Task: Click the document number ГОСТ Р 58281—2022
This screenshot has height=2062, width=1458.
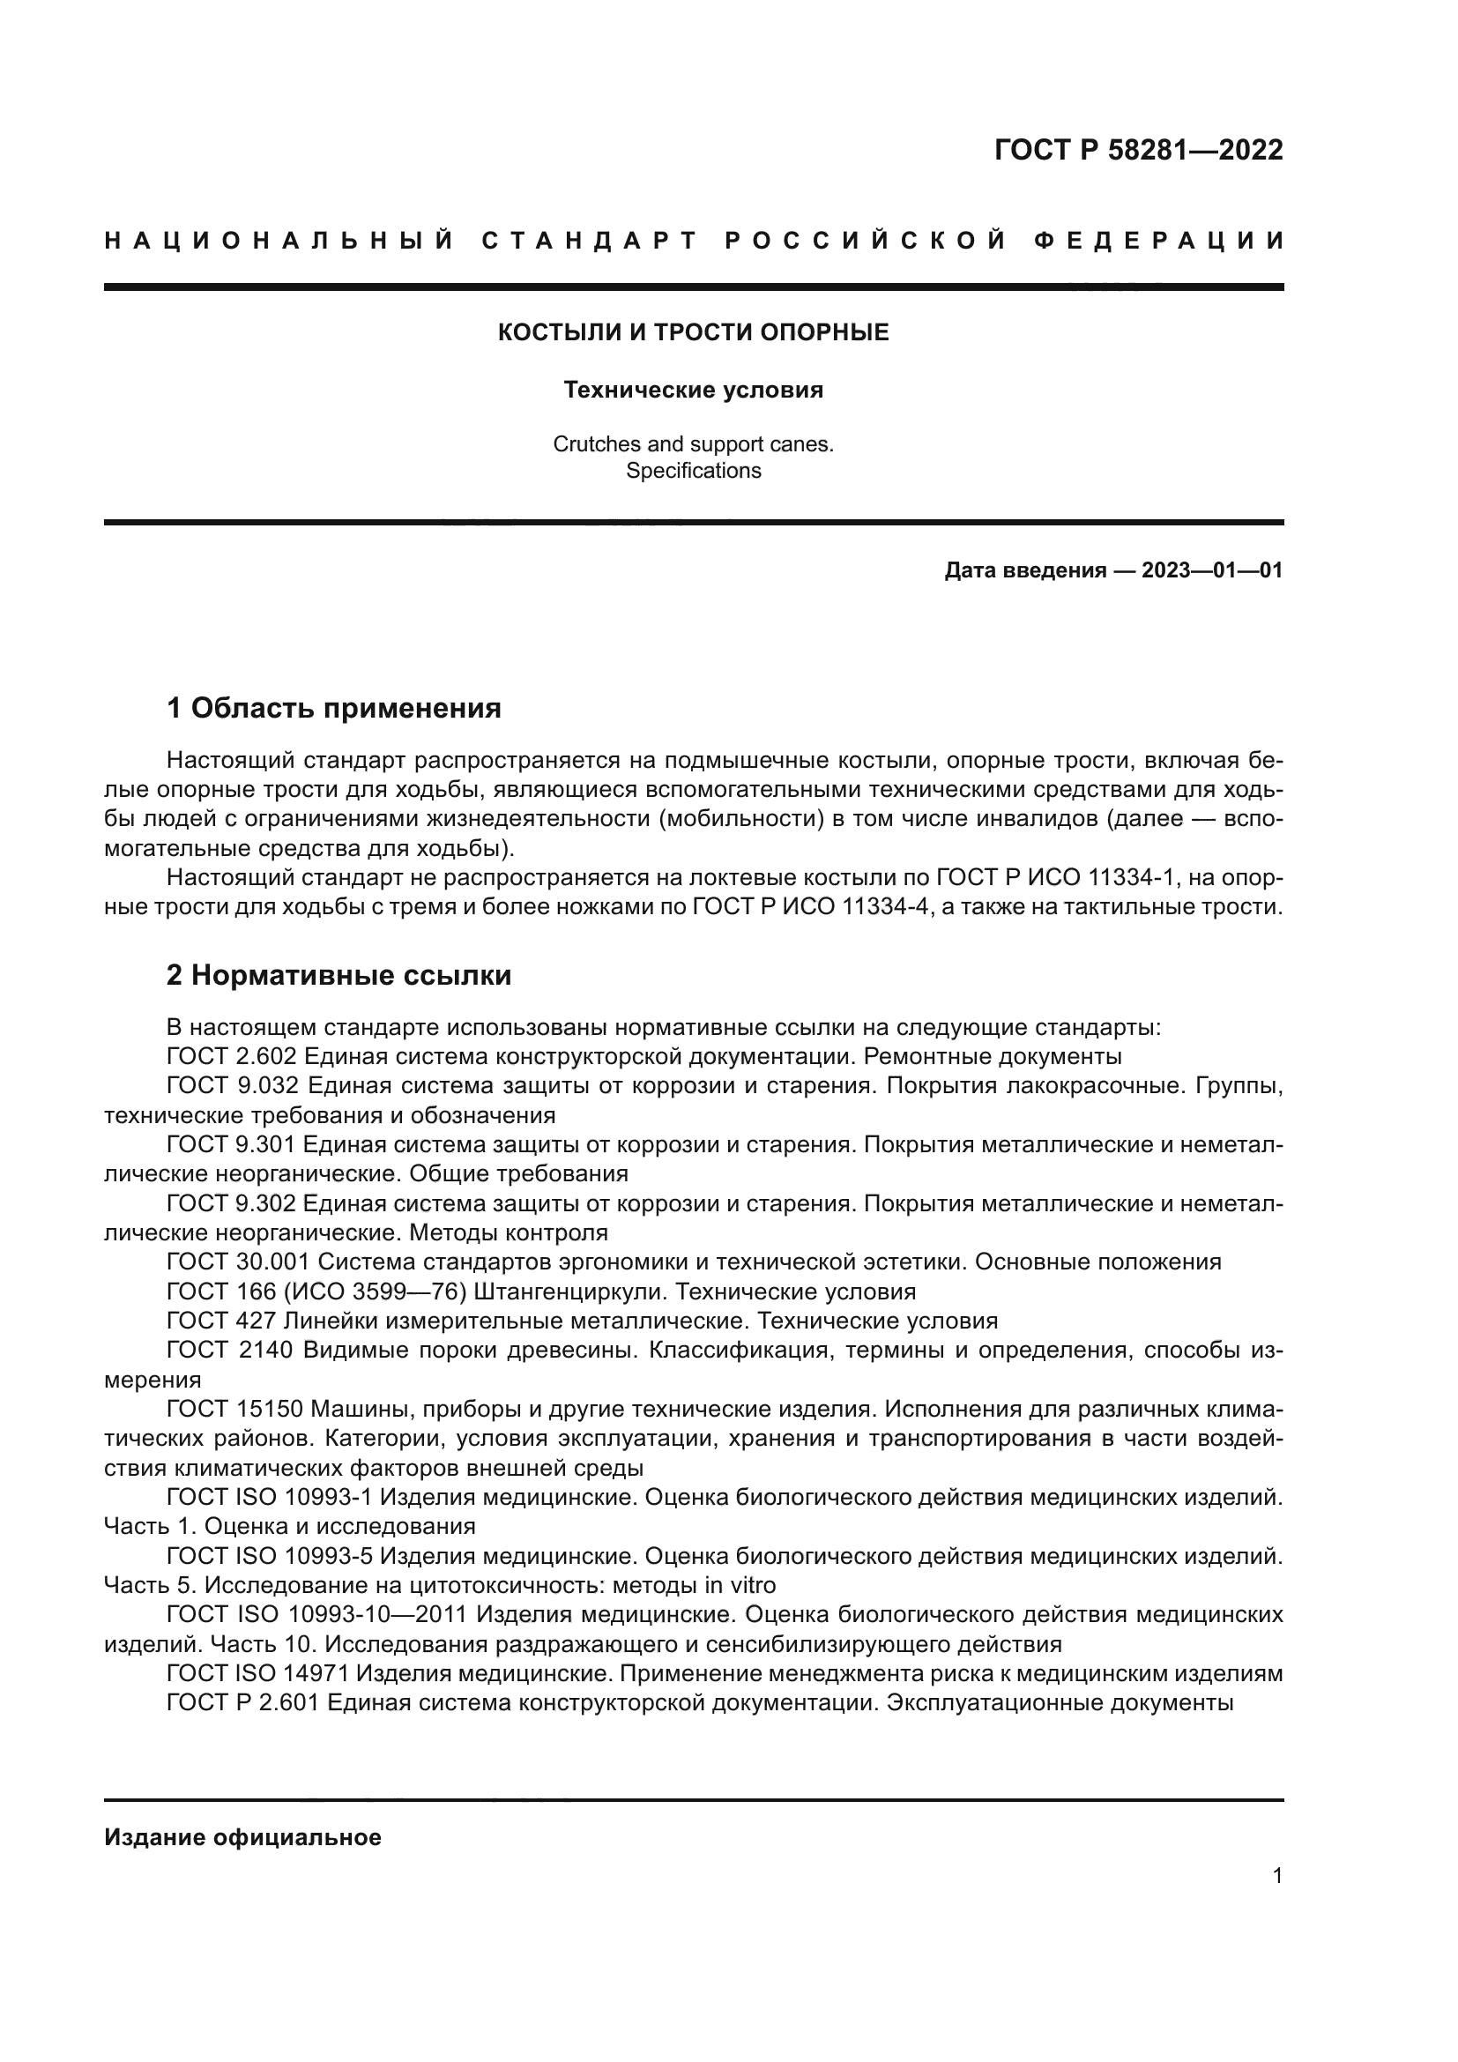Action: click(x=1137, y=150)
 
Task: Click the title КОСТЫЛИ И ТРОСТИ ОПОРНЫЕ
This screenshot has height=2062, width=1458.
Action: click(x=693, y=332)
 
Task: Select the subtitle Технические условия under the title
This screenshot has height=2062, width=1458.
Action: click(x=693, y=390)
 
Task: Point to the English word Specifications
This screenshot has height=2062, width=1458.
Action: click(x=693, y=471)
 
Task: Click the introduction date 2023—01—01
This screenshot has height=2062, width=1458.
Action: click(x=1211, y=570)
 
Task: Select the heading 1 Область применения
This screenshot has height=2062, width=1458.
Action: click(x=333, y=708)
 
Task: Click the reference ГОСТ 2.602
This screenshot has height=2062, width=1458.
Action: click(x=231, y=1056)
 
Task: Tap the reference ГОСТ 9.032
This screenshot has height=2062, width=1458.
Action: click(x=232, y=1085)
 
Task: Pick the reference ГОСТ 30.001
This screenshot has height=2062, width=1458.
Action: click(x=237, y=1262)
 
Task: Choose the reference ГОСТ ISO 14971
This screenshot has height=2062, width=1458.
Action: click(x=260, y=1673)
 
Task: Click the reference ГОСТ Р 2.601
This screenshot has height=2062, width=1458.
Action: click(x=242, y=1701)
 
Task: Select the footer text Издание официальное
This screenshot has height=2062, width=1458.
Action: click(x=242, y=1836)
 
